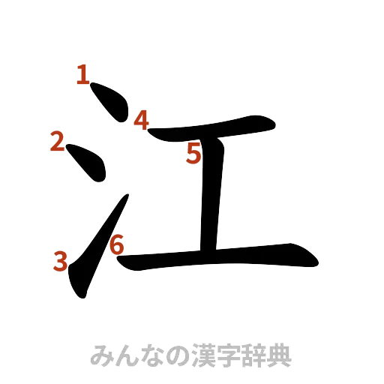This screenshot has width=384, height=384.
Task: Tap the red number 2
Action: [57, 141]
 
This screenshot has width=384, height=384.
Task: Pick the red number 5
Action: [194, 154]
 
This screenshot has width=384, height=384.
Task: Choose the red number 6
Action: [117, 244]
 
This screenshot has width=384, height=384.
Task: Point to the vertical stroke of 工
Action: [213, 195]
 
